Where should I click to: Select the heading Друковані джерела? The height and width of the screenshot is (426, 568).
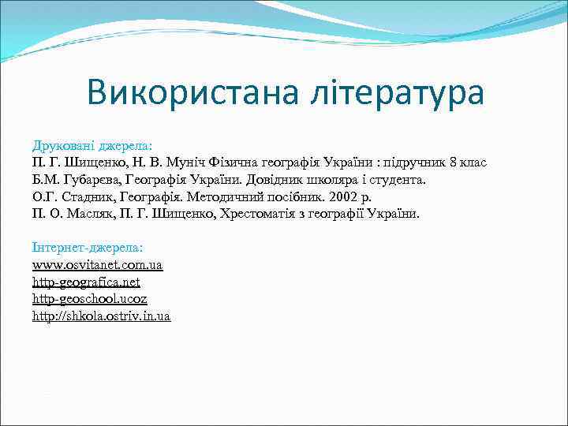pyautogui.click(x=92, y=145)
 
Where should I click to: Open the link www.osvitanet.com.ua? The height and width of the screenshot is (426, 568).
pyautogui.click(x=97, y=266)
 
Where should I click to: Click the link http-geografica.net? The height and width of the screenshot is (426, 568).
pyautogui.click(x=86, y=282)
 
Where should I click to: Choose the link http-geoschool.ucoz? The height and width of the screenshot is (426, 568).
pyautogui.click(x=89, y=299)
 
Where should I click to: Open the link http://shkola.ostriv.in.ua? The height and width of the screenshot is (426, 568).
pyautogui.click(x=101, y=316)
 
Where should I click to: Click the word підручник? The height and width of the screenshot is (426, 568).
pyautogui.click(x=415, y=163)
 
